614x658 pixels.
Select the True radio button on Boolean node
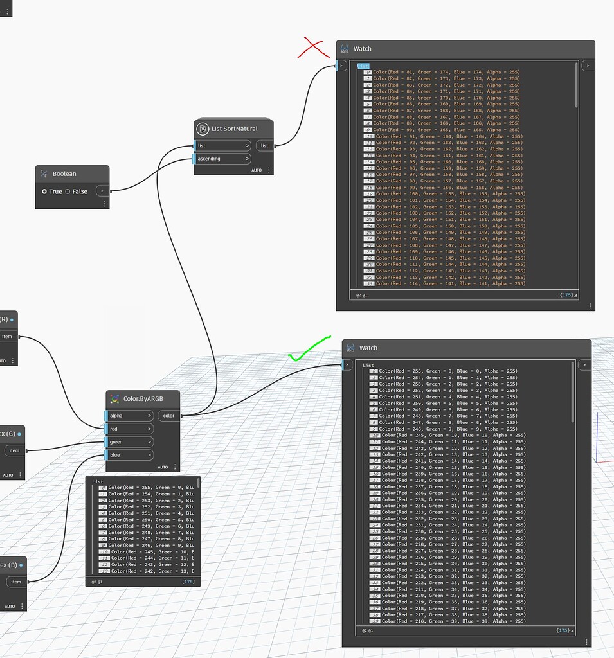44,191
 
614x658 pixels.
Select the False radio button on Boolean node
68,191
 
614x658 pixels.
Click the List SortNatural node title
234,129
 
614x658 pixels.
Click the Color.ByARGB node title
141,399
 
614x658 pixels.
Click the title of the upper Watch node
362,49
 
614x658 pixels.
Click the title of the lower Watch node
368,348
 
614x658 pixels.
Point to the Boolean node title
64,173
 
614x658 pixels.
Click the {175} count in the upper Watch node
566,295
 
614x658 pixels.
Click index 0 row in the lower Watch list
444,371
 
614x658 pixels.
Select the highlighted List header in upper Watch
363,66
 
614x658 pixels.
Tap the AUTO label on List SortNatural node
257,170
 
